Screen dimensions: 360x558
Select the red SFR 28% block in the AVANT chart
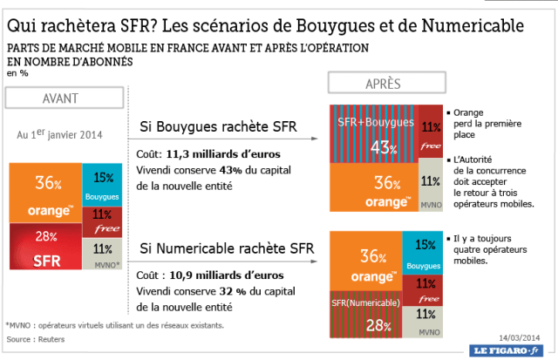[x=46, y=249]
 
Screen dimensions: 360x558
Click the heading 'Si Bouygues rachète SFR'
[x=218, y=129]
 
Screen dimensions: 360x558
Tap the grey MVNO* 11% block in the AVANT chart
[x=103, y=255]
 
